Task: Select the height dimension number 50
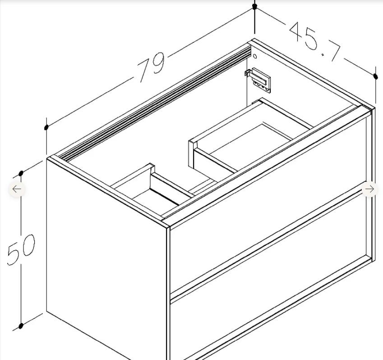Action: (21, 249)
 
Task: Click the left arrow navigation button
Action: (17, 189)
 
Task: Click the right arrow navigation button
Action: (369, 189)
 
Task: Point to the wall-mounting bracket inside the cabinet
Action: (258, 80)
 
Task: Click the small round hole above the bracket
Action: (255, 56)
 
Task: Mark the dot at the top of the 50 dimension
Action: (21, 173)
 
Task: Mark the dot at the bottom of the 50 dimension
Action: (21, 326)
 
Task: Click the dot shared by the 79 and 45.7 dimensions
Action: (254, 7)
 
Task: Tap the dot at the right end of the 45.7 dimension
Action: (376, 76)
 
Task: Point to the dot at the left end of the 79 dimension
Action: (46, 127)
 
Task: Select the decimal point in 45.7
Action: (323, 54)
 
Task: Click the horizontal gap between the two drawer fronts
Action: (268, 244)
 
